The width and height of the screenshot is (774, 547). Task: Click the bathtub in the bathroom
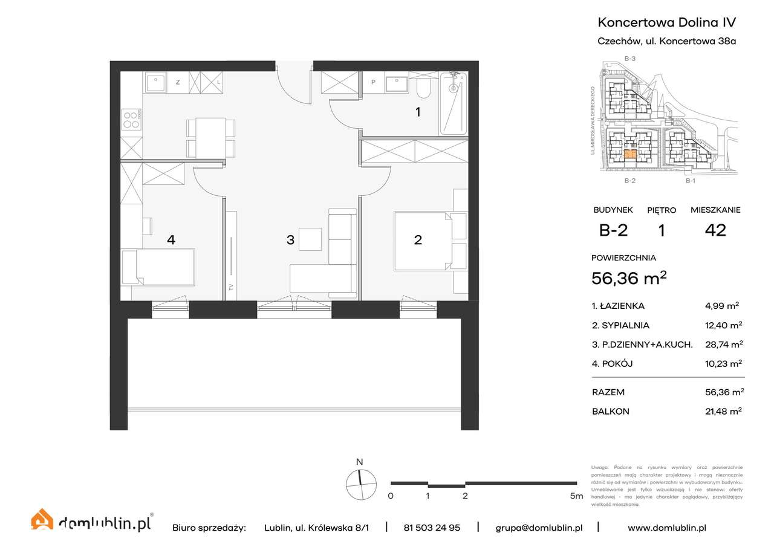[453, 103]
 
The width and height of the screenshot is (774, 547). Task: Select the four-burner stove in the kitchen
[131, 119]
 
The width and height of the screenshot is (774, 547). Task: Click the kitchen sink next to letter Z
[156, 82]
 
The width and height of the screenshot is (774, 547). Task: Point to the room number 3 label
[290, 240]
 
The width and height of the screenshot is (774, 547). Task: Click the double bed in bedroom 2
[423, 240]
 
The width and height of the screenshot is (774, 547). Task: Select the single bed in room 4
[158, 267]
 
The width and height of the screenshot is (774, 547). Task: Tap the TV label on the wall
[230, 287]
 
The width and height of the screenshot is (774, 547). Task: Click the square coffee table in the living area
[310, 239]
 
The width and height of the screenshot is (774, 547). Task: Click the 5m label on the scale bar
[576, 496]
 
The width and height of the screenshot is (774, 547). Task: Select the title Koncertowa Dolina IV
[666, 22]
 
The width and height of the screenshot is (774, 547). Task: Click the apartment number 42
[715, 230]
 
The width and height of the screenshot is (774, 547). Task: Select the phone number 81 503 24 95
[432, 528]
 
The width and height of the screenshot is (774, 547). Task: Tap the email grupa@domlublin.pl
[539, 528]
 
